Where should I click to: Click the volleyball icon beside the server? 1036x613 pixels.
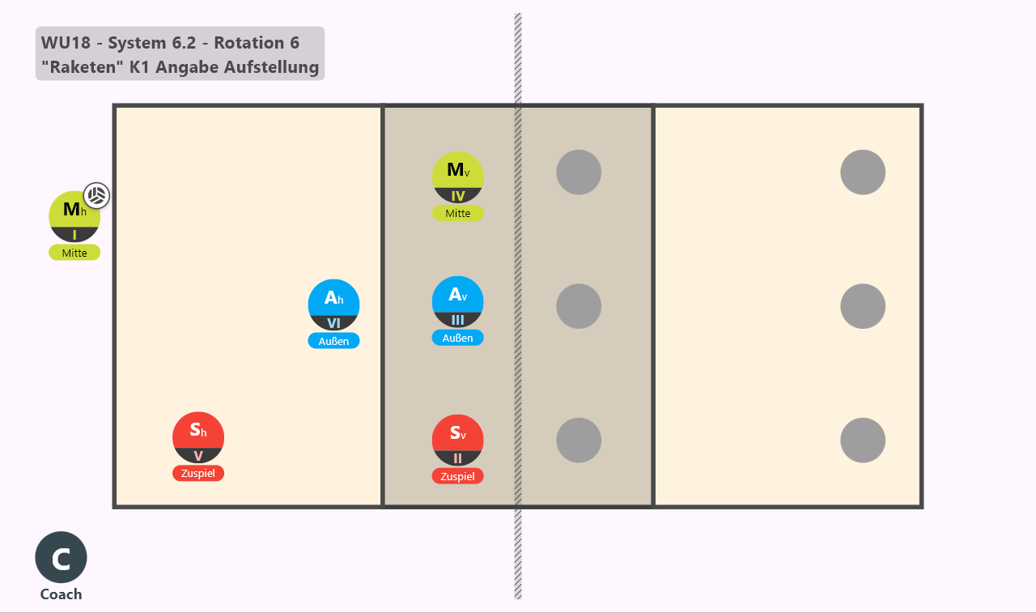pos(96,195)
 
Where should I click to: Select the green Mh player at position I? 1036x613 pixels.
pos(74,216)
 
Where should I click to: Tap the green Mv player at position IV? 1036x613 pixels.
pos(458,177)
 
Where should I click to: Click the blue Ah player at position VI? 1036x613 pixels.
pos(333,305)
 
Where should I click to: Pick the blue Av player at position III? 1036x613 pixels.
pos(458,302)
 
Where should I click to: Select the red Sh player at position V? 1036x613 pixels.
pos(198,437)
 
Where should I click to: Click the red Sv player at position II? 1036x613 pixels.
pos(458,440)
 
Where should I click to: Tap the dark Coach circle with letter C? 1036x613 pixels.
pos(61,557)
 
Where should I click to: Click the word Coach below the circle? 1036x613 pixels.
pos(61,594)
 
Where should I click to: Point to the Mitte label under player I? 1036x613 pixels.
pos(74,253)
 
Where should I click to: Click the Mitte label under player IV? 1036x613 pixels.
pos(458,213)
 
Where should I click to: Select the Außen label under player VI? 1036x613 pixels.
pos(333,341)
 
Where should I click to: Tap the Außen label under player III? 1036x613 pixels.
pos(458,338)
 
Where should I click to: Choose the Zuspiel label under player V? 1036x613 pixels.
pos(198,473)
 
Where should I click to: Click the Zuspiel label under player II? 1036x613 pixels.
pos(458,476)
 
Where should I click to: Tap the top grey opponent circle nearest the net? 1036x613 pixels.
pos(579,172)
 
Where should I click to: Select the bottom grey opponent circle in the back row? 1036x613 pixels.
pos(863,440)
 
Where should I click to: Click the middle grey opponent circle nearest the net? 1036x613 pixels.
pos(579,306)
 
